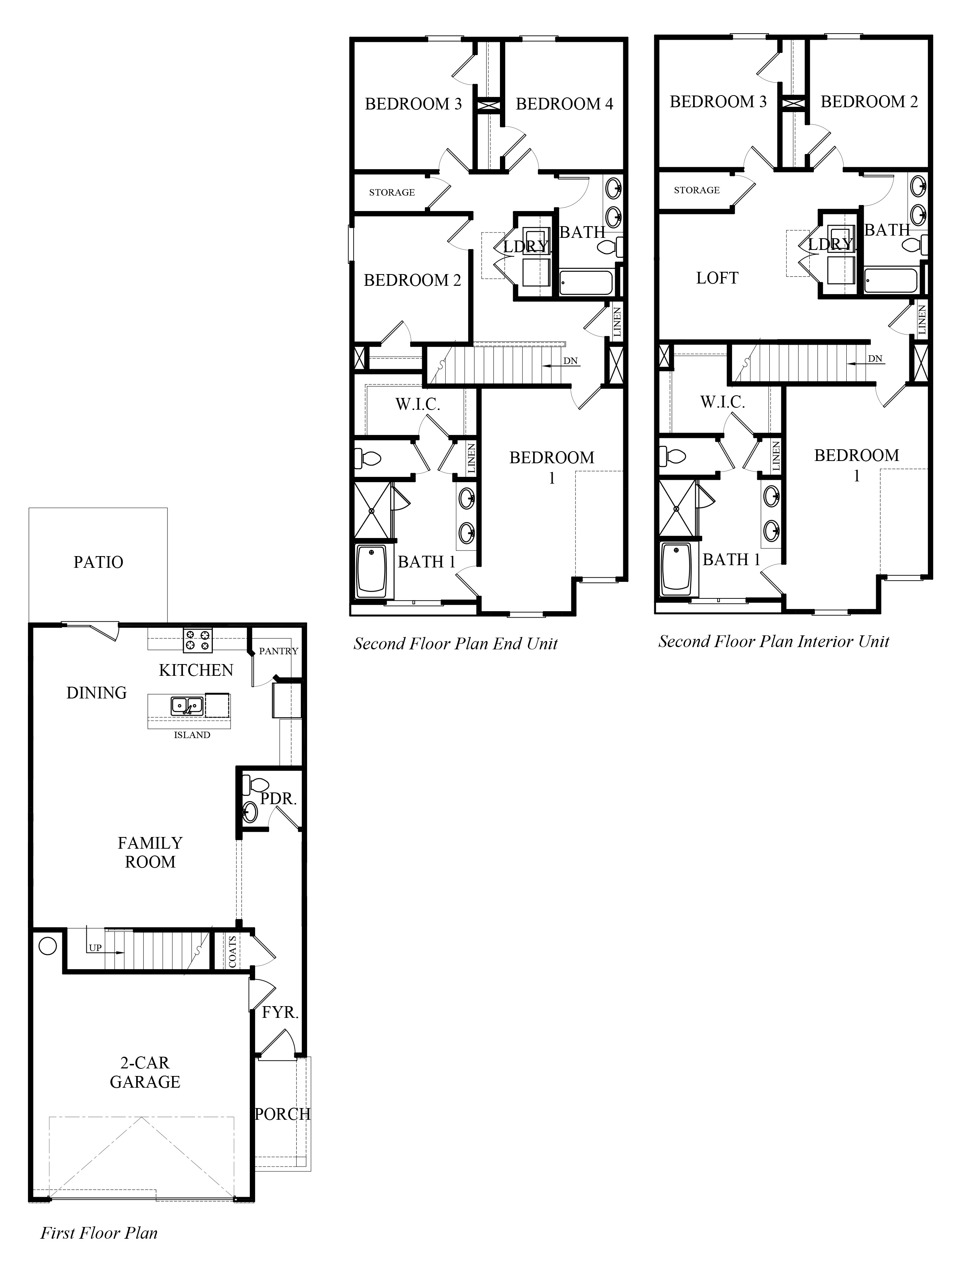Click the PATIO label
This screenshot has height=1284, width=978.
98,562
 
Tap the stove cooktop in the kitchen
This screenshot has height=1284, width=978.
198,641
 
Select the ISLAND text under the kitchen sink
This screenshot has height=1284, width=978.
192,735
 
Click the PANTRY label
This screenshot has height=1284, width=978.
278,651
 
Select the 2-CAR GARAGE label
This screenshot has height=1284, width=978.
145,1072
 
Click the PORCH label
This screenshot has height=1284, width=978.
282,1114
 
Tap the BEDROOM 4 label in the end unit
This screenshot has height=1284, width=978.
564,104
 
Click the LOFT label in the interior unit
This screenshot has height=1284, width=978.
717,278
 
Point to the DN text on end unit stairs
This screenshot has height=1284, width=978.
570,361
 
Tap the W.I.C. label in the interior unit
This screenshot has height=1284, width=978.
723,402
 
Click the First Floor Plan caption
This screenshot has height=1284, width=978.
99,1233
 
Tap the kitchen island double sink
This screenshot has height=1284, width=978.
187,706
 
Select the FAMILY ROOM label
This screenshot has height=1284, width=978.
150,852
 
